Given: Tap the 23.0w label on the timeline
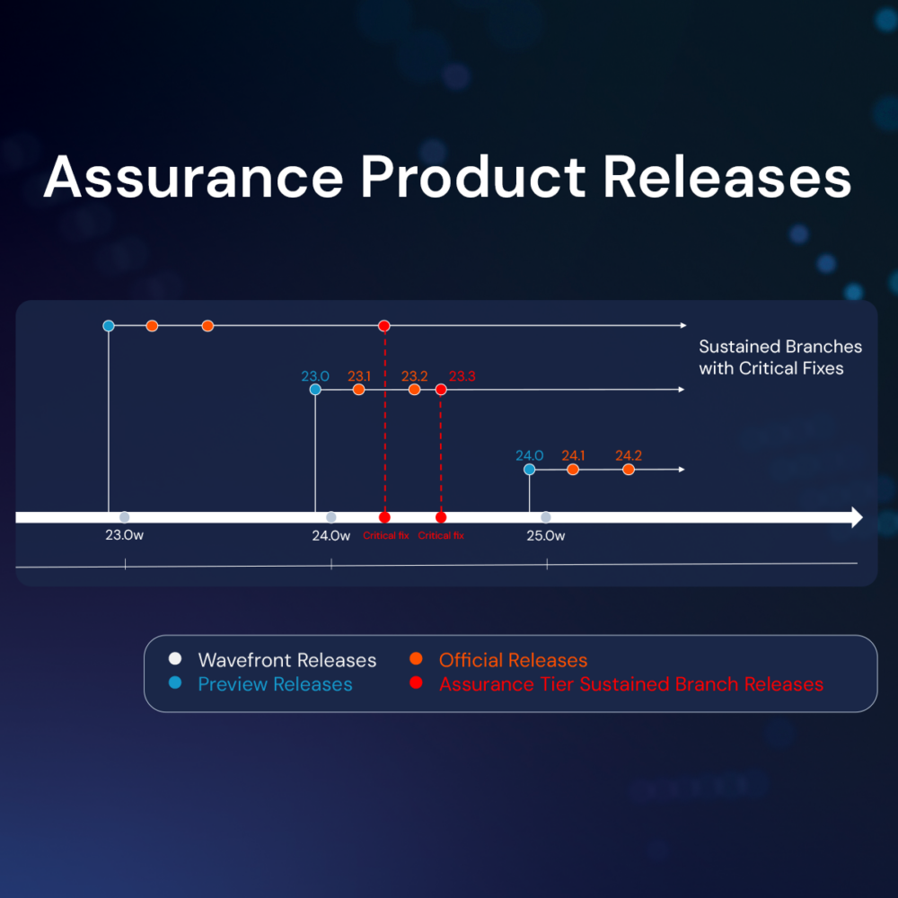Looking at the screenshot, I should pos(125,536).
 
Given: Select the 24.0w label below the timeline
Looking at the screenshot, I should pos(331,536).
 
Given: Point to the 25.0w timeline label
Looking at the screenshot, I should pos(546,536).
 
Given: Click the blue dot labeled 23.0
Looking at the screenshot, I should pos(315,390).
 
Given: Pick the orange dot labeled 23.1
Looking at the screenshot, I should pos(359,390).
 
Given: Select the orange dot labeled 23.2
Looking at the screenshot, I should pos(414,390).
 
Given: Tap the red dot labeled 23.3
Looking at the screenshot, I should pos(441,390).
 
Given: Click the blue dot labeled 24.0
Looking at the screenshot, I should pos(529,469).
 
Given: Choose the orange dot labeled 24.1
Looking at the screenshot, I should pos(573,469).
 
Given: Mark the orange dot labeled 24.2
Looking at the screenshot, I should pos(629,469).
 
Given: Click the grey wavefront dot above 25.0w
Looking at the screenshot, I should pos(546,517).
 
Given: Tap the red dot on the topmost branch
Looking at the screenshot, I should pos(384,325).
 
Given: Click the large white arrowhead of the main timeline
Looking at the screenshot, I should pos(857,517).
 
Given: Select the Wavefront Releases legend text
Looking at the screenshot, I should pos(286,660).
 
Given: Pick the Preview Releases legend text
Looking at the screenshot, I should pos(275,684).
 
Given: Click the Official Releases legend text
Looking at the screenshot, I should pos(513,660).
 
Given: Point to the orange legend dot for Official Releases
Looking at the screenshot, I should pos(416,658).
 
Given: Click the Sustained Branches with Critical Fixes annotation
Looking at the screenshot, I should pos(779,357).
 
